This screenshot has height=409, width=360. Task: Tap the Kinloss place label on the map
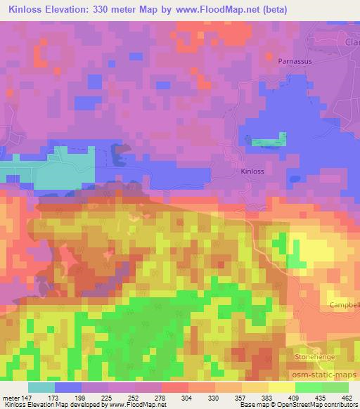point(251,171)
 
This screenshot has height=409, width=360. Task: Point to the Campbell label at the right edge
point(345,306)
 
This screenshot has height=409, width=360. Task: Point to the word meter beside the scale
point(12,397)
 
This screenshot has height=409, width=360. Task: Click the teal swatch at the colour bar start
point(41,387)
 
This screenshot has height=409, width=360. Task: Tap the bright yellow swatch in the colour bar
point(281,387)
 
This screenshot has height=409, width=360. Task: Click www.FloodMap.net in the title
point(211,8)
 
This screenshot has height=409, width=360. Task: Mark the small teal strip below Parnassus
point(269,141)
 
